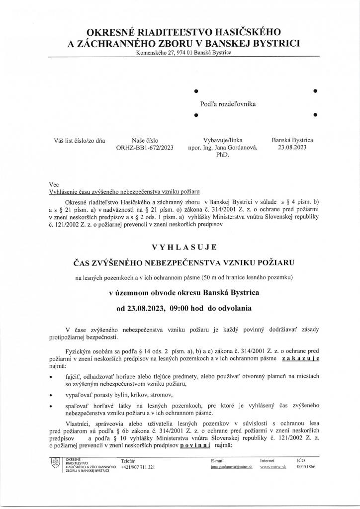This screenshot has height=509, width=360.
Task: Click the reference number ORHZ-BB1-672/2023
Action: click(145, 148)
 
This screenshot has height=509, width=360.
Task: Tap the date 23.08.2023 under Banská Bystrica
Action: click(292, 148)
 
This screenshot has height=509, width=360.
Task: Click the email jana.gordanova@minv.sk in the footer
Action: click(232, 468)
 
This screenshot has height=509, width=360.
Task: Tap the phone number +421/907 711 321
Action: click(138, 468)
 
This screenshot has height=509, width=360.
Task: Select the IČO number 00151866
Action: click(306, 468)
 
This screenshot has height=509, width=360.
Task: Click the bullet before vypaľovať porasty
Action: click(51, 395)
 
